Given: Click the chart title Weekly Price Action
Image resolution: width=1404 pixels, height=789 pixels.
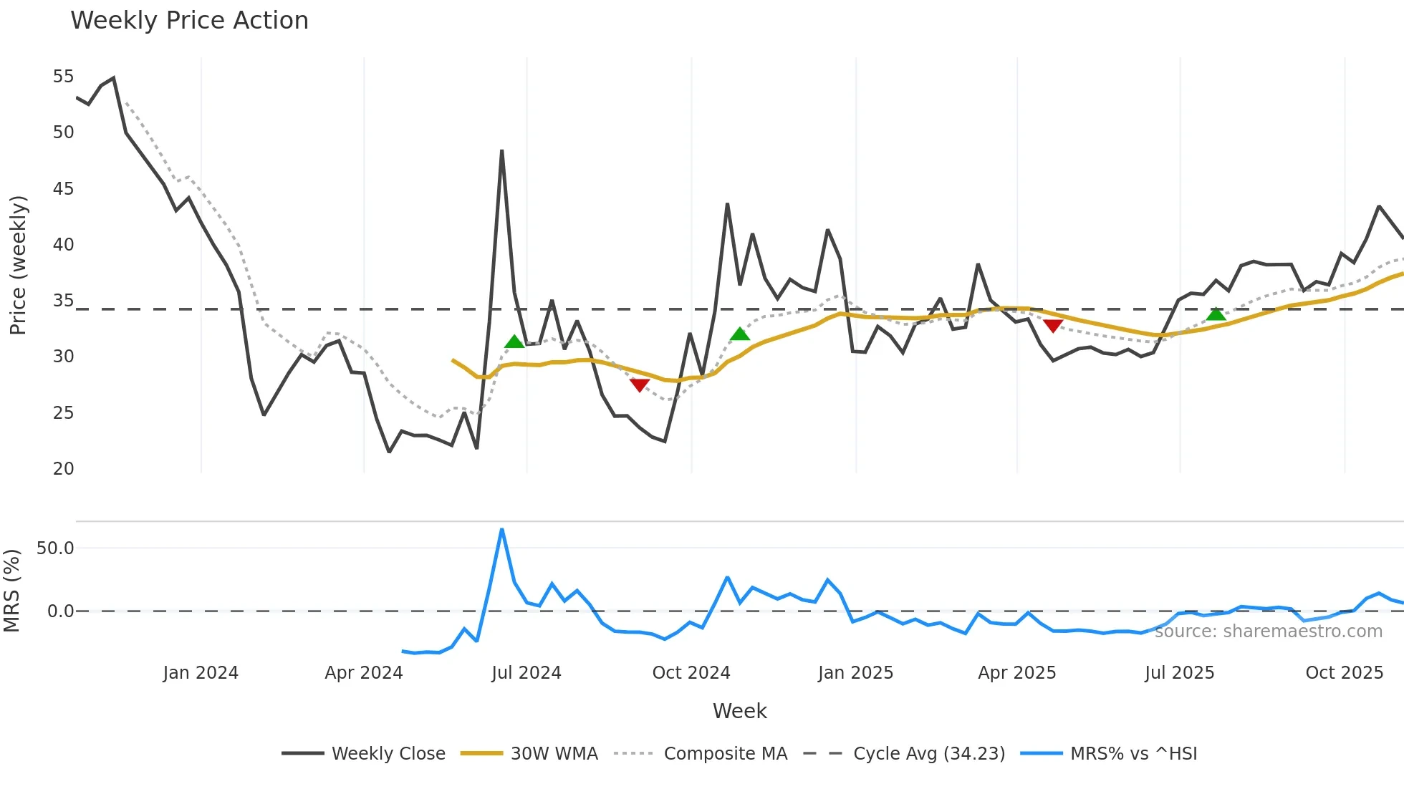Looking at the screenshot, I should tap(189, 21).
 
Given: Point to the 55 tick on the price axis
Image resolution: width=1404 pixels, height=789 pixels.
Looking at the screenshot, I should tap(63, 77).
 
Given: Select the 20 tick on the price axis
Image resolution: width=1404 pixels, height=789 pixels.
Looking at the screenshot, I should tap(63, 469).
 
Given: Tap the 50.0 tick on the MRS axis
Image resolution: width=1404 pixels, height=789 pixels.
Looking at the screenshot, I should tap(55, 548).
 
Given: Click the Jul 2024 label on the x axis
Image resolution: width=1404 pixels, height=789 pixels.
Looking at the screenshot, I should tap(526, 673).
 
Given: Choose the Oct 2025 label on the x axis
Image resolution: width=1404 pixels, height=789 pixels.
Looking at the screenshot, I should tap(1344, 673).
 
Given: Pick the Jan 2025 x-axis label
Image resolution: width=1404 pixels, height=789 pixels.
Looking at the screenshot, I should tap(855, 673).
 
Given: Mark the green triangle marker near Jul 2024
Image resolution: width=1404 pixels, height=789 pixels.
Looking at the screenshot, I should tap(514, 342).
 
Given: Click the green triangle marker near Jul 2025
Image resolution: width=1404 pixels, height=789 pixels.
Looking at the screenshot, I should tap(1216, 314).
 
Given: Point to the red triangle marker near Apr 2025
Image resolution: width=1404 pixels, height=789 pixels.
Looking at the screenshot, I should tap(1052, 326).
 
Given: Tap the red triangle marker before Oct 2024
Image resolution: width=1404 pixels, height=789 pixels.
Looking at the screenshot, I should tap(640, 385).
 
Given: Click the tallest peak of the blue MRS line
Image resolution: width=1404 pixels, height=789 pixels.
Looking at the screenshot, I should tap(501, 530).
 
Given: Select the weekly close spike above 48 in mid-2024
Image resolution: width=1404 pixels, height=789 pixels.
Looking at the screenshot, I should tap(501, 151).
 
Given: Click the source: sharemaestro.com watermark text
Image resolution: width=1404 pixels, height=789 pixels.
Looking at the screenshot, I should tap(1268, 631).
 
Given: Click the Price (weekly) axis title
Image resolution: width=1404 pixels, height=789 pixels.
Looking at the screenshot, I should tap(18, 265).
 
